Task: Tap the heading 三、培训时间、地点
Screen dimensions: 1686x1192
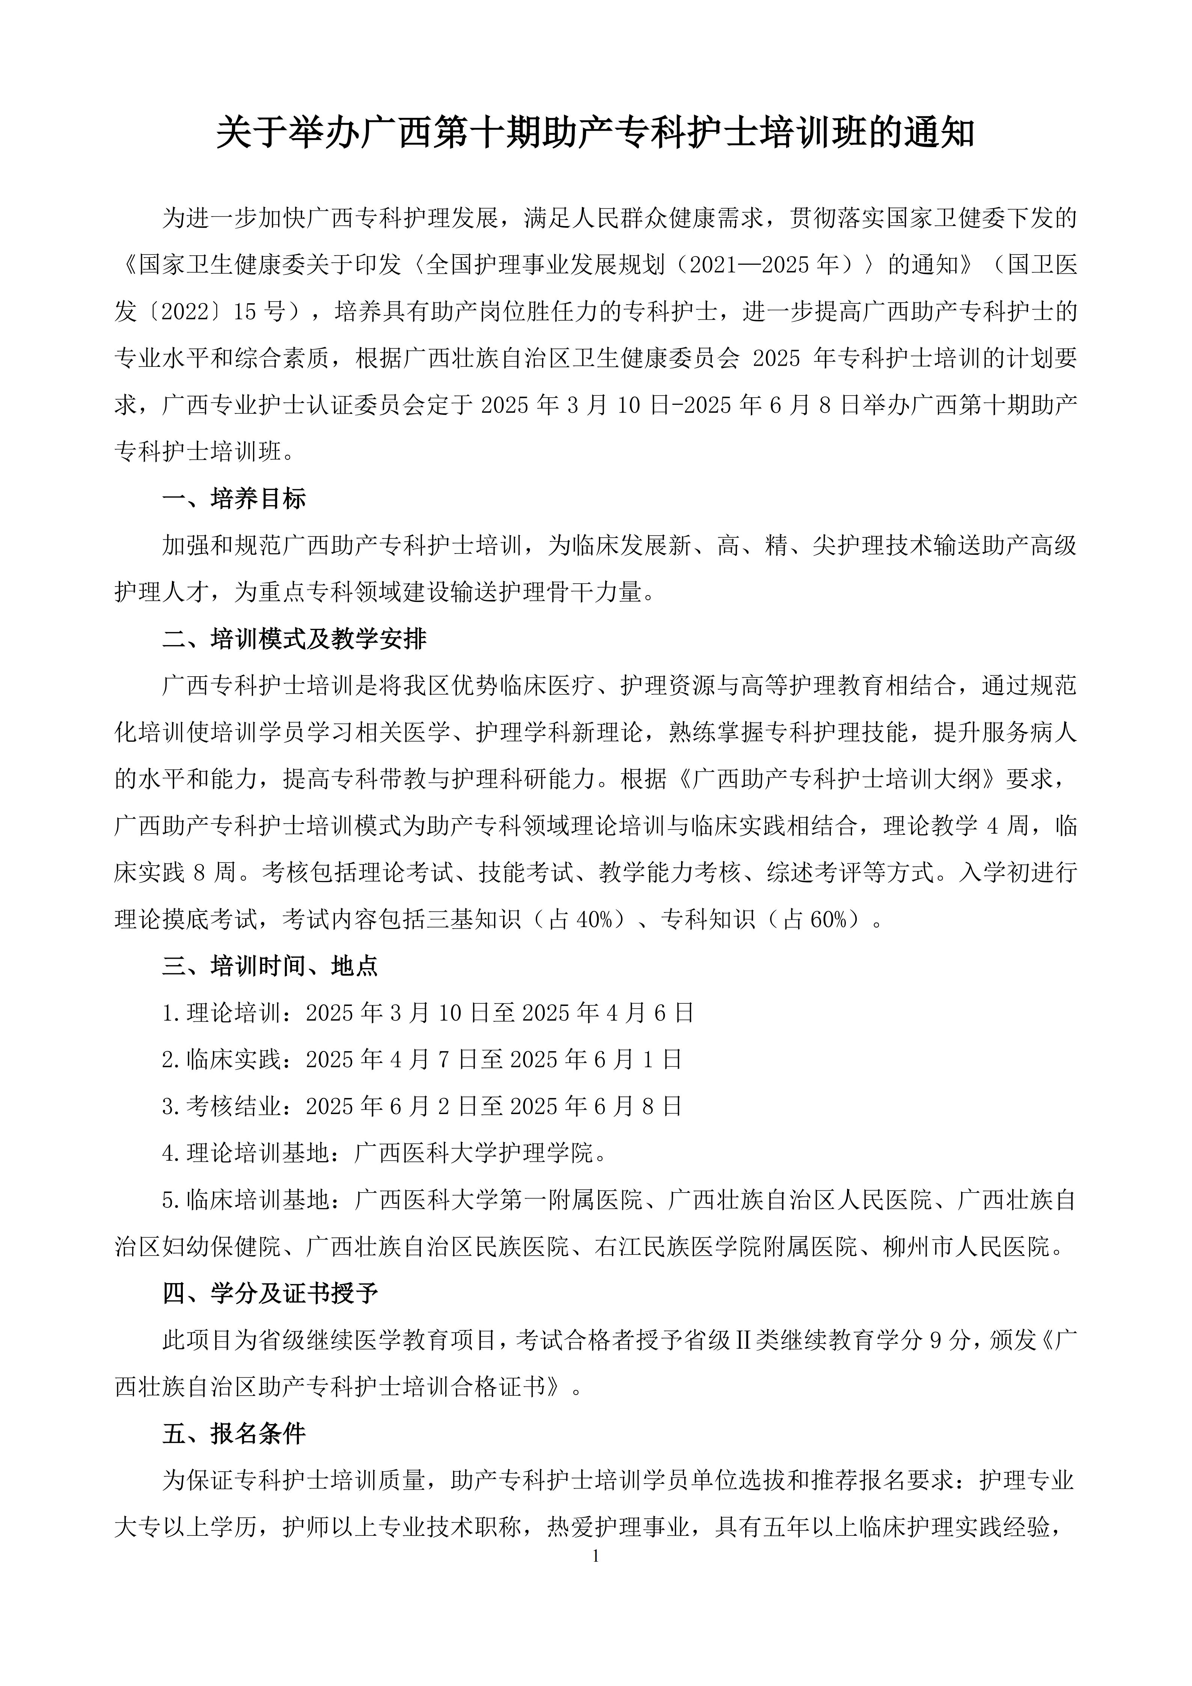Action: click(x=270, y=966)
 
